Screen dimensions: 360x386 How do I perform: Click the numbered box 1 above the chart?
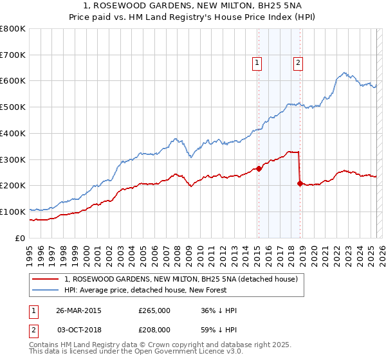[257, 62]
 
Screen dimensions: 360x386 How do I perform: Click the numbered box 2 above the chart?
[299, 62]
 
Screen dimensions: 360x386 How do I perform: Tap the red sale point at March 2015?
[258, 169]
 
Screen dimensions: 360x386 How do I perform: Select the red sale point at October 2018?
[300, 184]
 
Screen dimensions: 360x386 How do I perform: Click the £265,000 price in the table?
[154, 310]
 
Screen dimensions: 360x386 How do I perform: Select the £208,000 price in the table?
[154, 329]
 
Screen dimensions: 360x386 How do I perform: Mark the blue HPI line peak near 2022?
[345, 73]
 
